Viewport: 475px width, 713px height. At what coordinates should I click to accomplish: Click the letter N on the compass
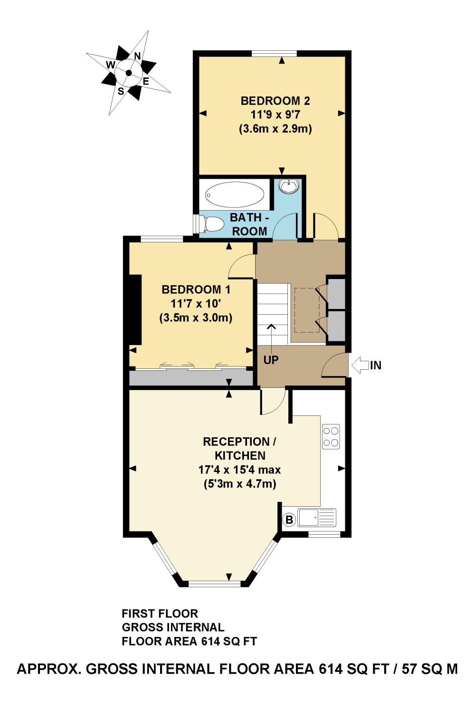[x=137, y=56]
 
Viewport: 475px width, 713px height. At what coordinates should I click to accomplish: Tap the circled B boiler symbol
[x=289, y=520]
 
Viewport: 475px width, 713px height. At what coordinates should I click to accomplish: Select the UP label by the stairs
[x=271, y=360]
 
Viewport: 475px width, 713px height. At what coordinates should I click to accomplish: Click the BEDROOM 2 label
[x=275, y=101]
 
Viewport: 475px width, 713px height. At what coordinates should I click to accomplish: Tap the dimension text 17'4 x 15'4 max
[x=239, y=470]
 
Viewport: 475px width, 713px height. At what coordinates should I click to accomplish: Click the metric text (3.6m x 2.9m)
[x=275, y=129]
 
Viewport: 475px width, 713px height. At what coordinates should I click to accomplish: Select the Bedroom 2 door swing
[x=325, y=227]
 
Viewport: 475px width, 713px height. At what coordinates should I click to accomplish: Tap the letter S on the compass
[x=121, y=92]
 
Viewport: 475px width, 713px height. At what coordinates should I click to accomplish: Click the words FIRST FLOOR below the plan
[x=160, y=614]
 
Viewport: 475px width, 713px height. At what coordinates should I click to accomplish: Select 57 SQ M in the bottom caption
[x=430, y=669]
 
